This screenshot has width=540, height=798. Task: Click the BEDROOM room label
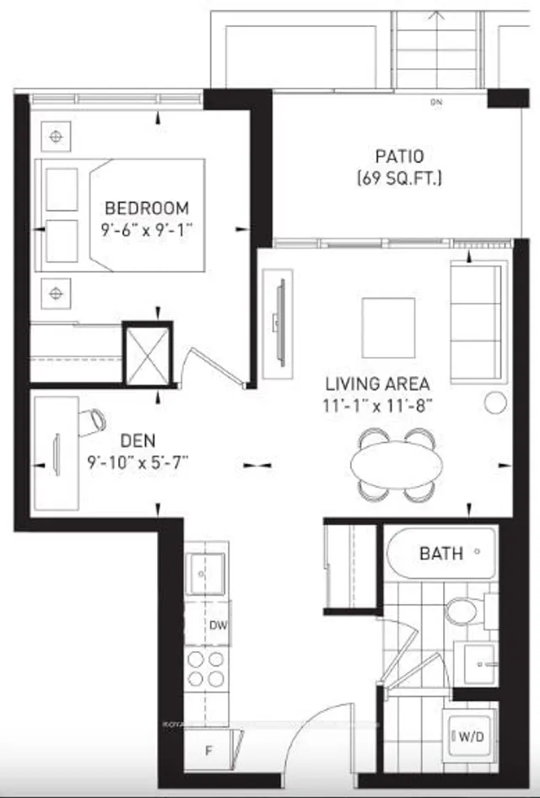tap(146, 208)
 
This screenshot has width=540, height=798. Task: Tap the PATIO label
tap(398, 157)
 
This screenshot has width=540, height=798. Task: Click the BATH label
tap(440, 553)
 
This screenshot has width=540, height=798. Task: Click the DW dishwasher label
tap(217, 625)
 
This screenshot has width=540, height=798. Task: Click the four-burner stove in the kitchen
tap(206, 669)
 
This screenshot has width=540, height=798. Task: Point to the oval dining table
tap(396, 463)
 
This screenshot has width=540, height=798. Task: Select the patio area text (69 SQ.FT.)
tap(398, 178)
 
